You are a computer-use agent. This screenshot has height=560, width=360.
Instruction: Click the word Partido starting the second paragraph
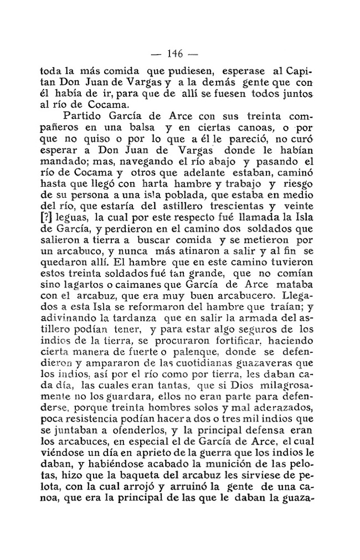[85, 116]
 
